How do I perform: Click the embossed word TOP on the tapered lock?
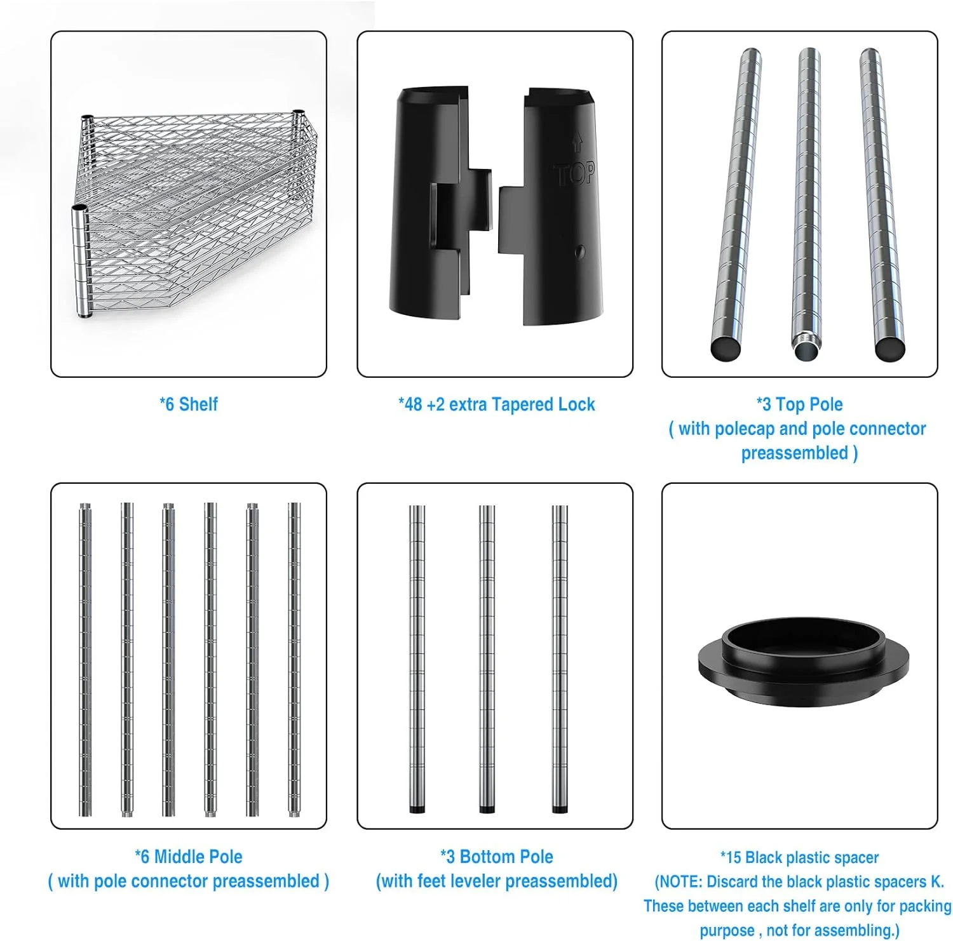[x=575, y=173]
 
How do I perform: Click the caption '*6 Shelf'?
[x=189, y=404]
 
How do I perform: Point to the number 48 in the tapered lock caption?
[x=414, y=404]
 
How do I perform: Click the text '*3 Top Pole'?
[x=799, y=404]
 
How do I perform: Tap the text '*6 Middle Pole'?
[x=189, y=857]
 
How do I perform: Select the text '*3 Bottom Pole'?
[x=496, y=857]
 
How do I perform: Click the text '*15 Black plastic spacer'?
[x=799, y=857]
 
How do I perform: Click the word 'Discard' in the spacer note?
[x=736, y=881]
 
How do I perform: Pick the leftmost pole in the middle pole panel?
[x=85, y=659]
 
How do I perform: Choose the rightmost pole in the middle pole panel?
[x=294, y=659]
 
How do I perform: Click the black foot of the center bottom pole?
[x=487, y=810]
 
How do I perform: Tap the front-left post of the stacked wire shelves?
[x=81, y=260]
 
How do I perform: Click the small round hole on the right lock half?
[x=579, y=251]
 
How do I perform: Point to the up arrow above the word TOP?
[x=577, y=142]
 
